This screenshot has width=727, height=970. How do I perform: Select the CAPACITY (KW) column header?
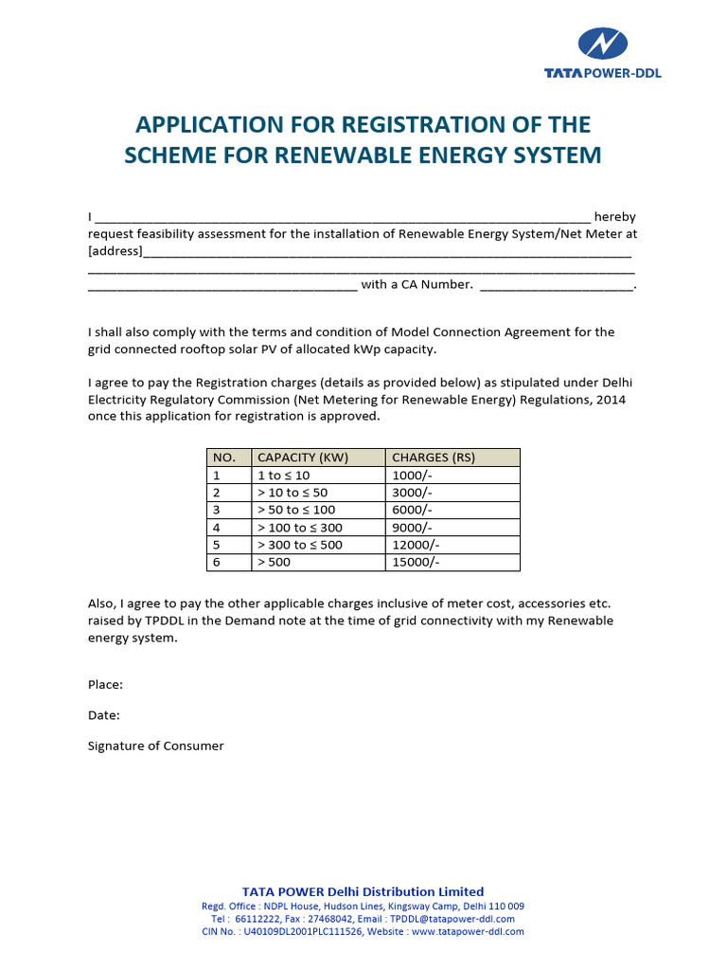(x=303, y=458)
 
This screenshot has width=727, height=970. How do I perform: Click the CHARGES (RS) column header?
(x=434, y=458)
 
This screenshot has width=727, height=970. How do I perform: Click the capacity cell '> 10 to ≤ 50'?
(x=293, y=493)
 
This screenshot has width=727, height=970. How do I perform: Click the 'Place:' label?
(x=105, y=684)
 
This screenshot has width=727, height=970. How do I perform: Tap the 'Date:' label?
(x=104, y=715)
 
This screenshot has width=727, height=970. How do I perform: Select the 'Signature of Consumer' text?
(x=156, y=745)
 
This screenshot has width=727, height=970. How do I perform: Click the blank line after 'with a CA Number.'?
(x=557, y=285)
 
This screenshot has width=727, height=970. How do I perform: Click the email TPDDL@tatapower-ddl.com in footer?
(x=452, y=919)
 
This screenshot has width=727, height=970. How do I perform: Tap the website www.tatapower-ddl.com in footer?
(x=468, y=932)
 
